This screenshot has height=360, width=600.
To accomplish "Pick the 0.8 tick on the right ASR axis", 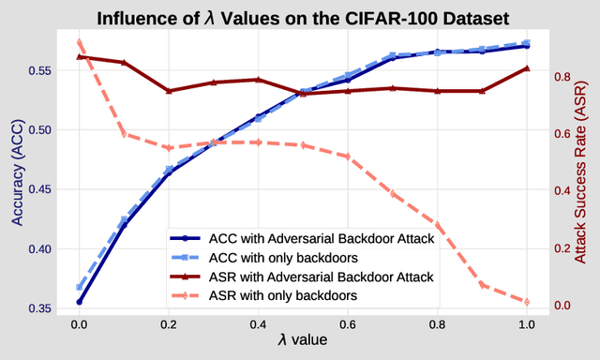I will coord(561,76).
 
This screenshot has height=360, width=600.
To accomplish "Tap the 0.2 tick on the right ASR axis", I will coord(561,248).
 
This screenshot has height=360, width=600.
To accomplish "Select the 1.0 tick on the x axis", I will coord(527,324).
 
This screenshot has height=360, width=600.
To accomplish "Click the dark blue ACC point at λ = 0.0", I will coord(80,302).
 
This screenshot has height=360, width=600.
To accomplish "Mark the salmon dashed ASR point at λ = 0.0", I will coord(80,41).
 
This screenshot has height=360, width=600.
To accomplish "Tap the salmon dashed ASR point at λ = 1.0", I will coord(527,302).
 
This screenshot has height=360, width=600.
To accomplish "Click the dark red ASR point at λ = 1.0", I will coord(527,68).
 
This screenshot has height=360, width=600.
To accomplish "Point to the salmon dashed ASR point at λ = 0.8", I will coord(438,225).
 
